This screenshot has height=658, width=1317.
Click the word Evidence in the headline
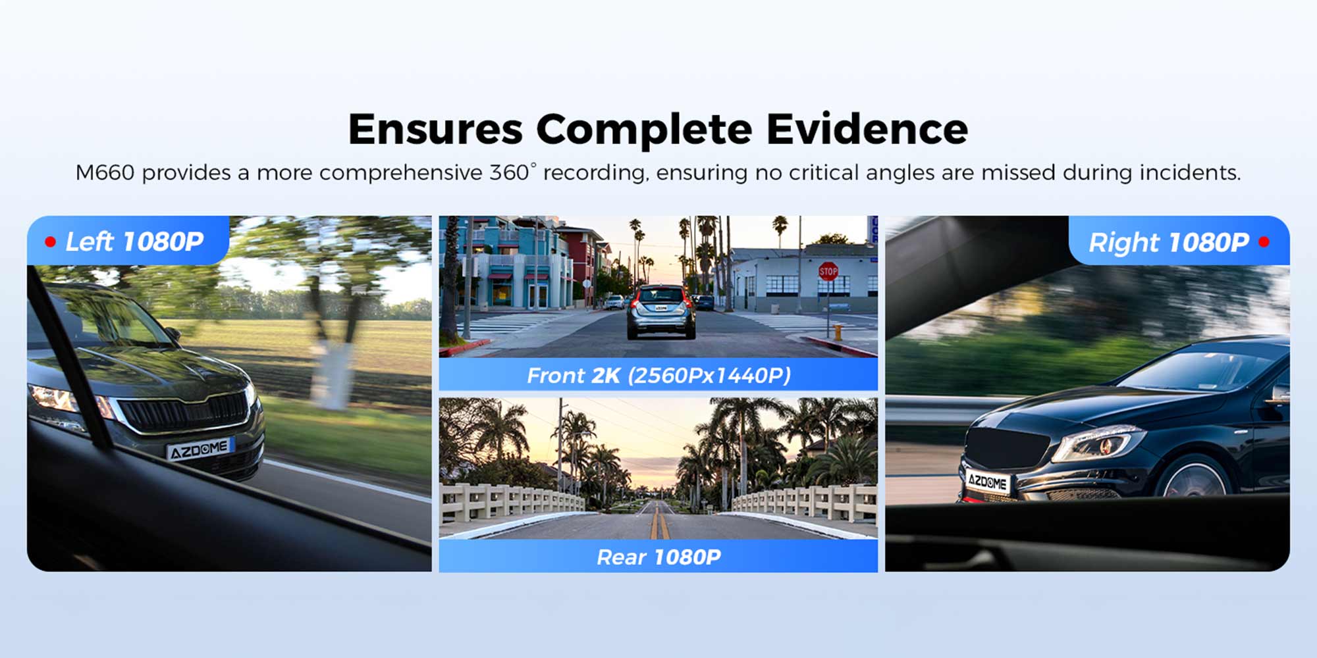coord(867,129)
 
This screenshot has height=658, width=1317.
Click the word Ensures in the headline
coord(435,129)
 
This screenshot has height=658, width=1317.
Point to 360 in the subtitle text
coord(510,172)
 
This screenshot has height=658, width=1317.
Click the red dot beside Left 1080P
coord(50,241)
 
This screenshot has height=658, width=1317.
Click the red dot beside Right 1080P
coord(1264,241)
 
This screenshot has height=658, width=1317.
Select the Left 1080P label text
coord(134,241)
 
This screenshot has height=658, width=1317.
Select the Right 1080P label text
coord(1169,242)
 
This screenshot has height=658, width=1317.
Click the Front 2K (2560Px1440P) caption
coord(658,376)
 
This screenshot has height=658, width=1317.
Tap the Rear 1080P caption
coord(658,557)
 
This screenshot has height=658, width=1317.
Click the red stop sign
coord(828,270)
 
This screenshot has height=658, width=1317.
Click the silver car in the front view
coord(660,312)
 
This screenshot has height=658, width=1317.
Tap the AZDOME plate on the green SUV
coord(200,449)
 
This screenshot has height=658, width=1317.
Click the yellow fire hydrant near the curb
coord(838,331)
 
